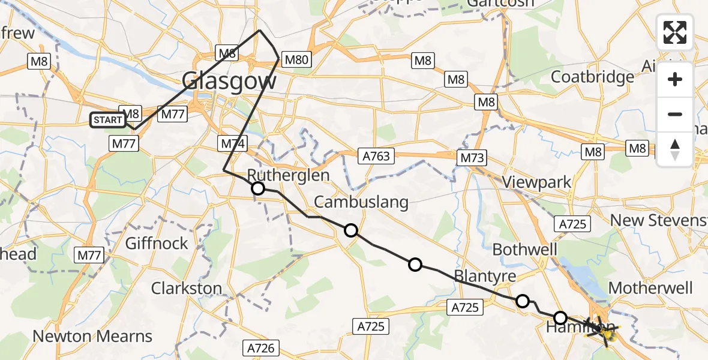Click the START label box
coord(108,120)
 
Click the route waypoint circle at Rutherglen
coord(258,189)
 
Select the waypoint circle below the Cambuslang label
coord(351,230)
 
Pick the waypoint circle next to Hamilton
coord(560,317)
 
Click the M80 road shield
coord(296,60)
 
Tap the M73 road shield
coord(471,158)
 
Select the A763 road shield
coord(376,157)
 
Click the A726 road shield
coord(260,347)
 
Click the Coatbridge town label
coord(592,77)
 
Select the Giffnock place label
coord(157,244)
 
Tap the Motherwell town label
coord(651,287)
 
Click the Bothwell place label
coord(525,250)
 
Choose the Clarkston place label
coord(187,288)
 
